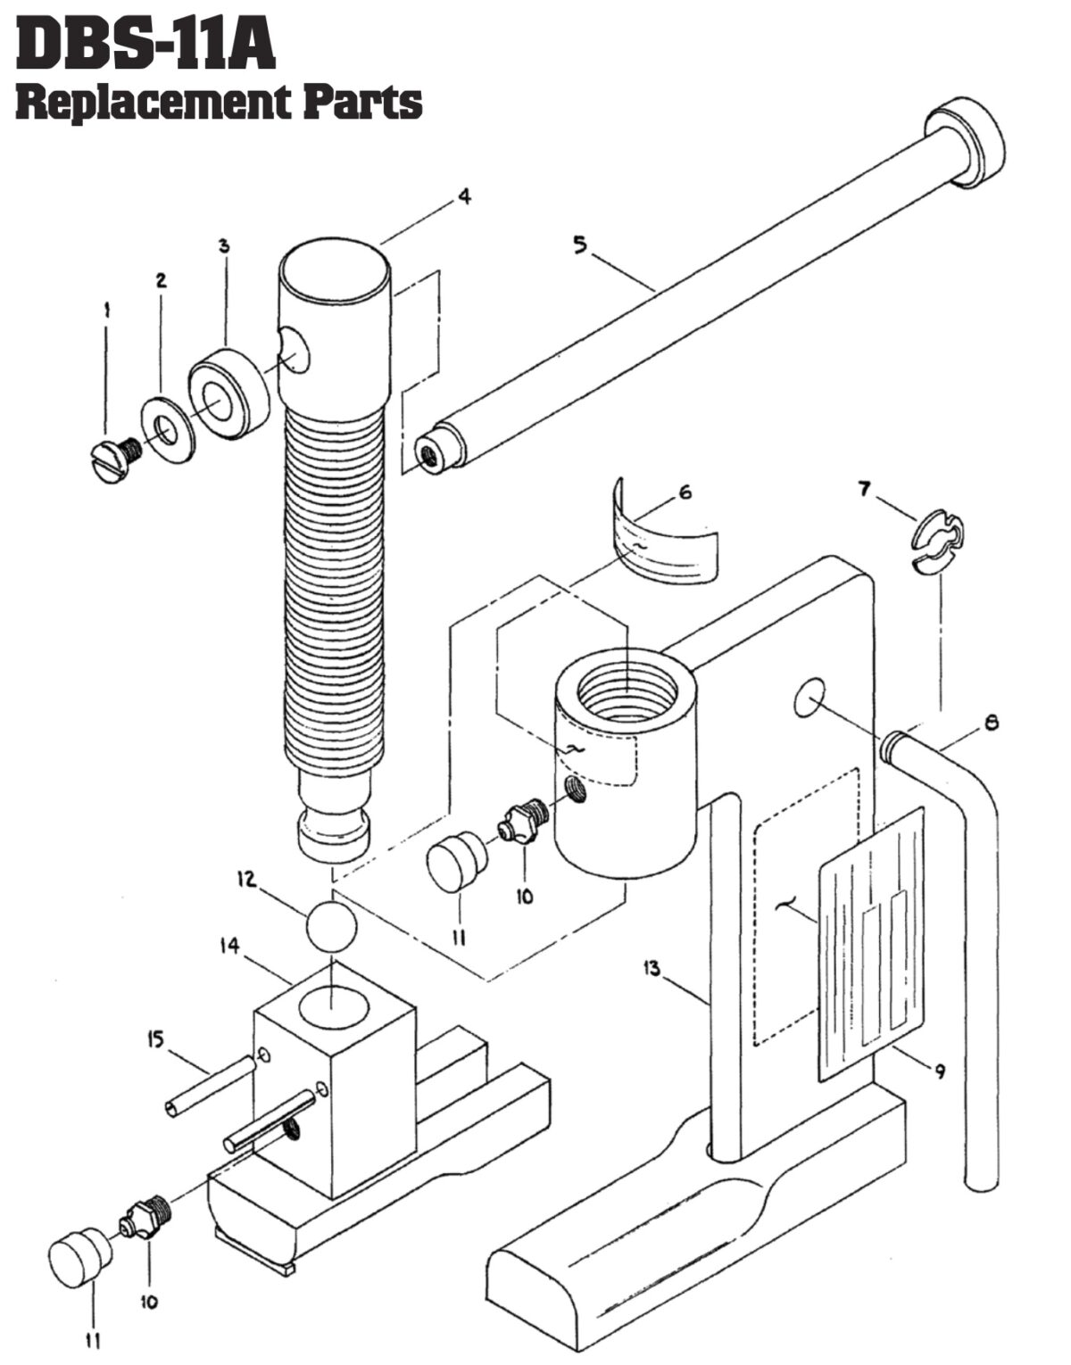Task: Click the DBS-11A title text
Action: point(145,46)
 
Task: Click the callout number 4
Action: point(464,197)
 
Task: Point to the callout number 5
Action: point(581,244)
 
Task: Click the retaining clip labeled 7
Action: point(936,539)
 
